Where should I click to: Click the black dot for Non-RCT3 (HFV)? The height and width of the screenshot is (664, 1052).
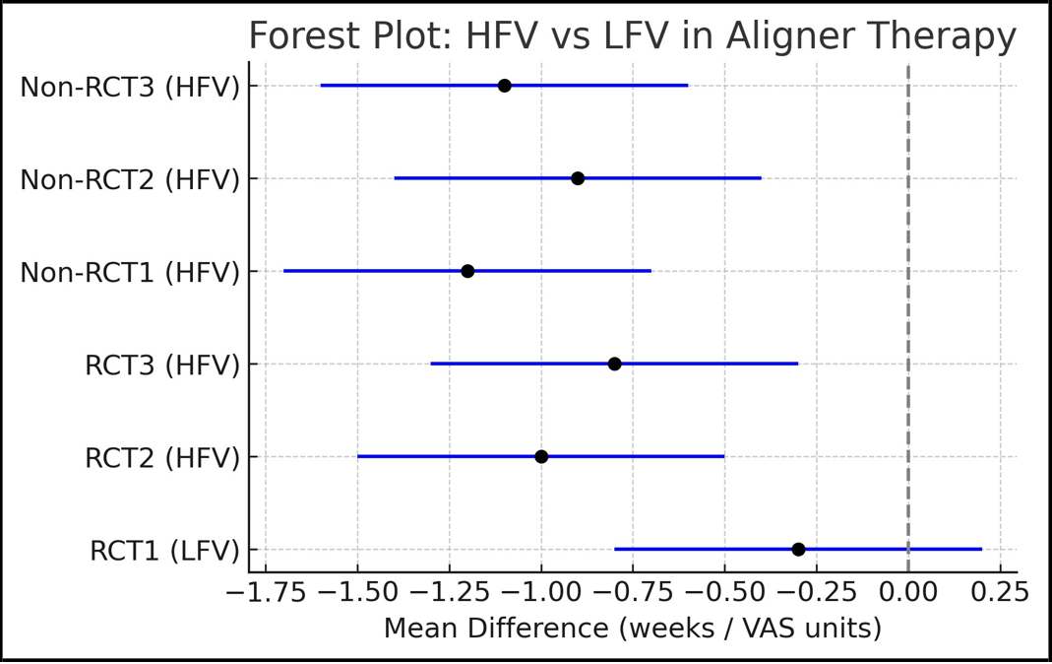504,86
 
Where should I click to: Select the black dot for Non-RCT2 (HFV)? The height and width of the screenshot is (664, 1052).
578,178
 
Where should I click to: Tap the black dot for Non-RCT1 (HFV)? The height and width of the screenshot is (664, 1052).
467,271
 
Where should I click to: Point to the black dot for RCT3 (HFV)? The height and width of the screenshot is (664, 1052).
614,364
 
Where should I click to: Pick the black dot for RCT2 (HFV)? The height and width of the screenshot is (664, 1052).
541,457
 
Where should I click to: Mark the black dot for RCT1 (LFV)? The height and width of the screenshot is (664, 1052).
798,549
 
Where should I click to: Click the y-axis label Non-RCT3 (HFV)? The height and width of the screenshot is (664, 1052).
130,87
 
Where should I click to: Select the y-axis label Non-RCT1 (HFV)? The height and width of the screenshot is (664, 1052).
130,272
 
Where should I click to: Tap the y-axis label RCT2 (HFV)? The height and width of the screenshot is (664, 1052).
162,458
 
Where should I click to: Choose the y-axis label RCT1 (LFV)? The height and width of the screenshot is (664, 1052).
164,551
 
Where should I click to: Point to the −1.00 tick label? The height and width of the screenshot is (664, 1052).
540,592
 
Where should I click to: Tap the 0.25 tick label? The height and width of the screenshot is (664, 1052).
1001,592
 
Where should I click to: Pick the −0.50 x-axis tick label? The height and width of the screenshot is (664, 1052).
724,592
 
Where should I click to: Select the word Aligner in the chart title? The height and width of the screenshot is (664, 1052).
782,36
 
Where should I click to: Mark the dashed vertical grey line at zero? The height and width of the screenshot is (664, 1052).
908,315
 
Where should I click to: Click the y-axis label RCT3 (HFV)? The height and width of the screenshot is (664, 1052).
162,365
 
